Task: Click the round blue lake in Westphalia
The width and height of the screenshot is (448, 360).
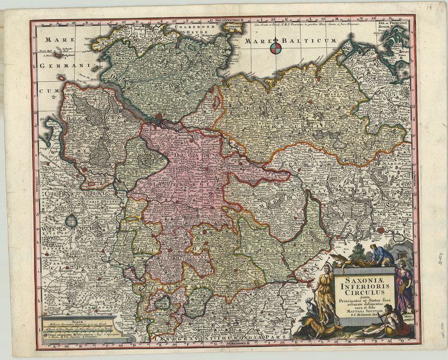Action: pyautogui.click(x=72, y=221)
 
